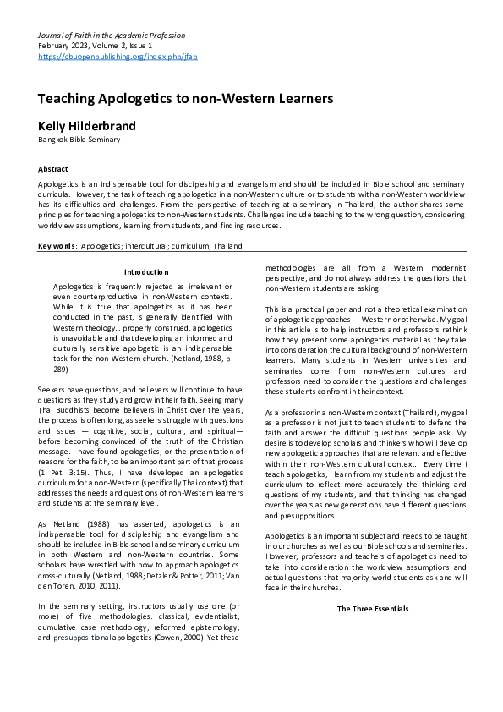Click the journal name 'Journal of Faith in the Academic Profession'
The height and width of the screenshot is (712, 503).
(x=112, y=36)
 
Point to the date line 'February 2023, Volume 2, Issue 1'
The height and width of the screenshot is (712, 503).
(x=95, y=46)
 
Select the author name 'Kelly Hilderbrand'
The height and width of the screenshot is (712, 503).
(x=86, y=126)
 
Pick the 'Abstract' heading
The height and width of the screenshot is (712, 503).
(x=53, y=169)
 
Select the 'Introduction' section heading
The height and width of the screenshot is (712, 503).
(x=147, y=272)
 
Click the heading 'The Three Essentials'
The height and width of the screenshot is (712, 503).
(x=373, y=609)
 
